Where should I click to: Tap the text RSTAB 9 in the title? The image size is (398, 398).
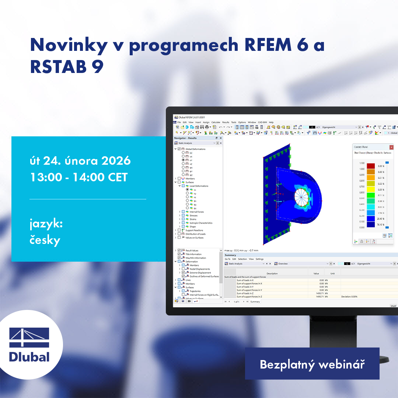pyautogui.click(x=67, y=67)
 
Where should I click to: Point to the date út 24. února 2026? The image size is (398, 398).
pyautogui.click(x=80, y=161)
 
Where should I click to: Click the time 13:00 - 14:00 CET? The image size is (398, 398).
pyautogui.click(x=78, y=177)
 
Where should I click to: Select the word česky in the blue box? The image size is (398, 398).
pyautogui.click(x=45, y=240)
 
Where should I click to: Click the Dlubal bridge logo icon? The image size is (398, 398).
pyautogui.click(x=29, y=338)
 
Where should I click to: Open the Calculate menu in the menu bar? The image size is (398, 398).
pyautogui.click(x=216, y=122)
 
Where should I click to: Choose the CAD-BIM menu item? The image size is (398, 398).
pyautogui.click(x=262, y=122)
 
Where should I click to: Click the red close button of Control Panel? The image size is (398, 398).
pyautogui.click(x=391, y=147)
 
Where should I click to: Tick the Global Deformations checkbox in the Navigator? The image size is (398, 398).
pyautogui.click(x=179, y=149)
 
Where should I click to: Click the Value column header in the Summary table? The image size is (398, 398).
pyautogui.click(x=316, y=273)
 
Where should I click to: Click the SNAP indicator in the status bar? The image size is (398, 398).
pyautogui.click(x=393, y=306)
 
